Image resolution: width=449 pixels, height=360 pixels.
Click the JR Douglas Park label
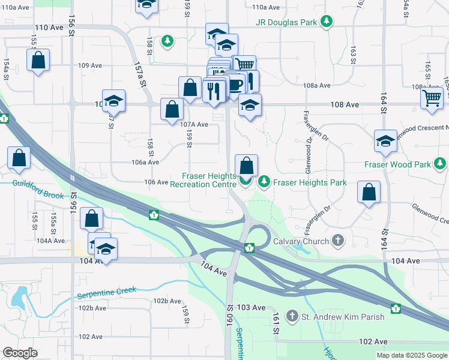point(286,23)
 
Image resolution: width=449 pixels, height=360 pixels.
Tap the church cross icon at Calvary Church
point(338,241)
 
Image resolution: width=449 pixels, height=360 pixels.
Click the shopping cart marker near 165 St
point(432,98)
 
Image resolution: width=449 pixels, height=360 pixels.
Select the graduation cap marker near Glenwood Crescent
point(385,140)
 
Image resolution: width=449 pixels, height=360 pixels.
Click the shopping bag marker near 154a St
point(38,60)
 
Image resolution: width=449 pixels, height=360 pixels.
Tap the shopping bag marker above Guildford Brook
point(19,158)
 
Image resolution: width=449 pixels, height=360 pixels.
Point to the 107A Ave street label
point(194,124)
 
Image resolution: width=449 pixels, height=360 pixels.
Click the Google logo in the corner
point(20,353)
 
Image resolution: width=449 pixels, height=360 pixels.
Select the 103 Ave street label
point(251,307)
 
